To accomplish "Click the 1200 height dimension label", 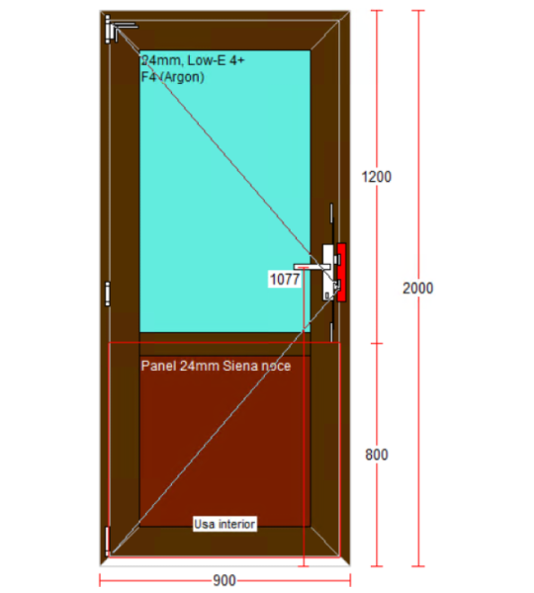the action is [376, 177].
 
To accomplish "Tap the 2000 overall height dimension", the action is [418, 289].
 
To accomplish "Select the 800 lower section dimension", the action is [377, 455].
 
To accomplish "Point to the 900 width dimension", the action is [224, 580].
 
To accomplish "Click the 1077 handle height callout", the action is [285, 280].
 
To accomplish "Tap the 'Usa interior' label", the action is [224, 524].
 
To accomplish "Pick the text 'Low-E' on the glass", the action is [207, 60].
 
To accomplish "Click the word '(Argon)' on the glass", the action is [182, 77].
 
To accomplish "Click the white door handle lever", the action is [311, 267].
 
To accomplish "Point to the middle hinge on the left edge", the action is [108, 294].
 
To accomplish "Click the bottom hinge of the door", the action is [108, 541].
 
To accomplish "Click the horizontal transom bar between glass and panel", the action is [224, 344].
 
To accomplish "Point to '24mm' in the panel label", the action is [200, 366].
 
